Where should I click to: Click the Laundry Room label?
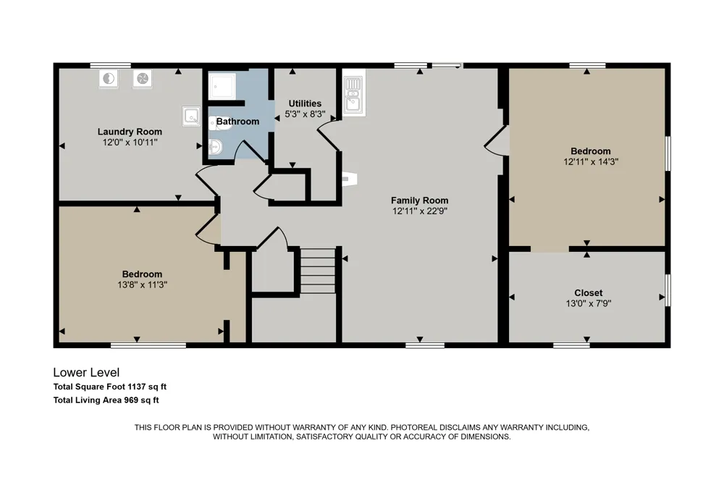tap(130, 132)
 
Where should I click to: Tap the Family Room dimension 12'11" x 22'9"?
tap(420, 211)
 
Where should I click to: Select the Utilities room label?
tap(305, 103)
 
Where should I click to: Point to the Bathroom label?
tap(237, 122)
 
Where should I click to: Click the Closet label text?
tap(588, 292)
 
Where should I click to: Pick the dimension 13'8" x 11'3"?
tap(142, 285)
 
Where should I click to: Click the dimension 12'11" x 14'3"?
tap(591, 161)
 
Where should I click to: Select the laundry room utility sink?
tap(191, 116)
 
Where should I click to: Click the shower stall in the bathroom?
tap(222, 86)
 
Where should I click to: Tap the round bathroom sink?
tap(215, 148)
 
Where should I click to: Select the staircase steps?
tap(318, 271)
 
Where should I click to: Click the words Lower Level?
tap(86, 372)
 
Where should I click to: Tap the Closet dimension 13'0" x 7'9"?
tap(588, 303)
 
